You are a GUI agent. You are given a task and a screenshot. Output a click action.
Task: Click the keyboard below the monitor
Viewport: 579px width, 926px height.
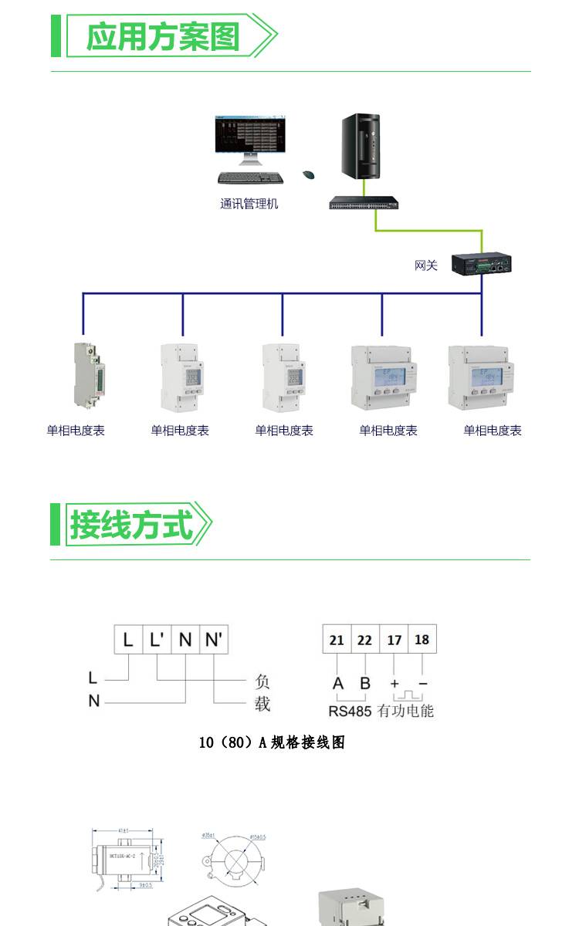coord(250,177)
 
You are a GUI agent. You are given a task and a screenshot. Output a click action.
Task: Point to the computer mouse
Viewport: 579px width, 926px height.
coord(309,175)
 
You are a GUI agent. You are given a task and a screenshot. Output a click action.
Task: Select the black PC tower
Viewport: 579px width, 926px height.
coord(361,147)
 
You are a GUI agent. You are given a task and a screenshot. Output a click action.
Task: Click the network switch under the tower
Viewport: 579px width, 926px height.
coord(364,203)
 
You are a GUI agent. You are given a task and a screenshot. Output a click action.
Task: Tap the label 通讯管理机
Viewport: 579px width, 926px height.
coord(249,204)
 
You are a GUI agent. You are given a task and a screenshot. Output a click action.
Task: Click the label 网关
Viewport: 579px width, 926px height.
coord(425,265)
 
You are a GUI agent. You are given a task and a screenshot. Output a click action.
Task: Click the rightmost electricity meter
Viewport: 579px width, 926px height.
coord(479,377)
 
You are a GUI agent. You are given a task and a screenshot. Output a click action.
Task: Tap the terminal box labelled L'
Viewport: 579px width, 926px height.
coord(157,640)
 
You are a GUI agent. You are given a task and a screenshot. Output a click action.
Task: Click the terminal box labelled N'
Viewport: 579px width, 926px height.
coord(214,640)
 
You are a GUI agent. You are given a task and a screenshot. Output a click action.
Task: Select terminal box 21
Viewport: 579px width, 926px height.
coord(337,640)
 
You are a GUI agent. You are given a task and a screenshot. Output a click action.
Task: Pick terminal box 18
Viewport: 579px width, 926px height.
coord(422,640)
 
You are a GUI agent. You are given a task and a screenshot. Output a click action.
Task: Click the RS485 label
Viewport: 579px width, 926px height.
coord(350,711)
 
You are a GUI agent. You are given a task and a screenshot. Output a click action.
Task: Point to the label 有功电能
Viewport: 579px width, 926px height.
coord(405,711)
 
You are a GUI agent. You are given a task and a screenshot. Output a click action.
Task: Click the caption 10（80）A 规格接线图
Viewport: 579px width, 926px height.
coord(272,742)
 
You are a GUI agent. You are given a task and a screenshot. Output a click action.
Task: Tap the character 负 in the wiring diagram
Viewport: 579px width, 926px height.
coord(262,682)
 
